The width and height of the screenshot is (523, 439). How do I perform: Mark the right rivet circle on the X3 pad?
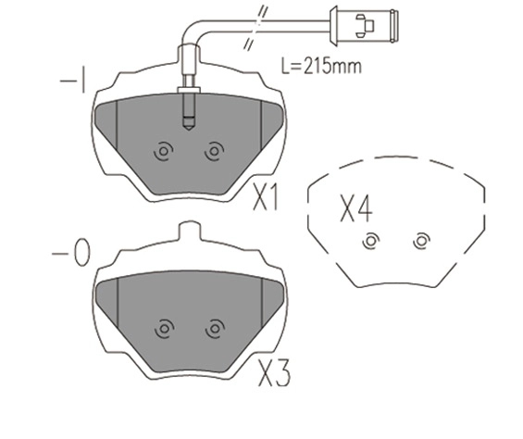(x=215, y=328)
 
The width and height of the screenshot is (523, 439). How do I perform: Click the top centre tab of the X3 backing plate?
(x=189, y=231)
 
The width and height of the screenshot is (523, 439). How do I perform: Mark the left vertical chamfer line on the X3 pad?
(x=118, y=303)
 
